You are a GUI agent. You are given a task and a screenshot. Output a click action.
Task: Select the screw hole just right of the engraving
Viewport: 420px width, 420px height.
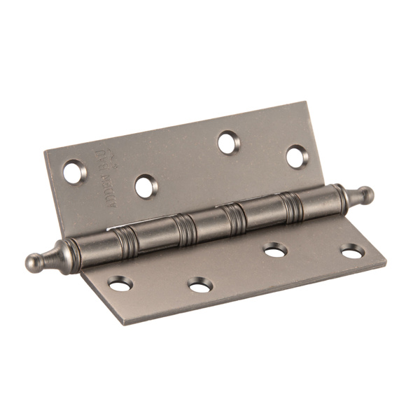(146, 186)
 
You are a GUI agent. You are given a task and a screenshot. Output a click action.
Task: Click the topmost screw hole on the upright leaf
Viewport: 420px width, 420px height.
(228, 143)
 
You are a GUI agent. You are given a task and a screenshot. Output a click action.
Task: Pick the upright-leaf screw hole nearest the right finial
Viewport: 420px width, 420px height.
(297, 156)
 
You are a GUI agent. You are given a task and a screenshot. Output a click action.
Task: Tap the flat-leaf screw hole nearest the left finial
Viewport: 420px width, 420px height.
(120, 283)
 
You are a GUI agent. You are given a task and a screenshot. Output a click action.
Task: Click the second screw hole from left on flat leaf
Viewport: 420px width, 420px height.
(200, 284)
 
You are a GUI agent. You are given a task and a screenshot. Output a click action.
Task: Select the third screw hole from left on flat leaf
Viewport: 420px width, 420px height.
(274, 249)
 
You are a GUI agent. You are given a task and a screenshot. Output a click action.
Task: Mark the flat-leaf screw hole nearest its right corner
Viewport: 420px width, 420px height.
(352, 251)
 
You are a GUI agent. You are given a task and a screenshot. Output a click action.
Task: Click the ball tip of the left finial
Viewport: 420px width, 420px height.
(33, 262)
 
